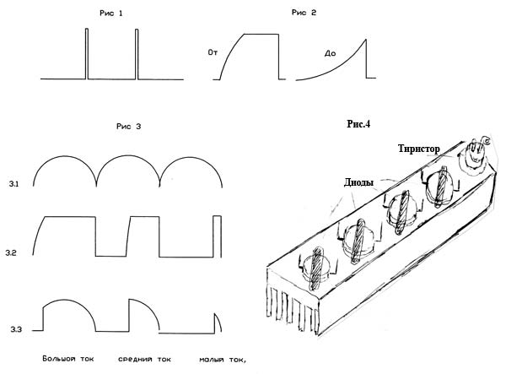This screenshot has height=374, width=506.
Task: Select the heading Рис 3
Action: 128,126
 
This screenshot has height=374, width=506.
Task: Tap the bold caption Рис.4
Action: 359,123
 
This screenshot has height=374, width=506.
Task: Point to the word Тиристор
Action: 420,148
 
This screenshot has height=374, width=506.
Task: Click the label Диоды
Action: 360,181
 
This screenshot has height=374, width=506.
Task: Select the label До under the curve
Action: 331,53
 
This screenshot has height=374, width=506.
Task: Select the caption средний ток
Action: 144,360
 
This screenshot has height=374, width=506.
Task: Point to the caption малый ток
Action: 222,360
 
